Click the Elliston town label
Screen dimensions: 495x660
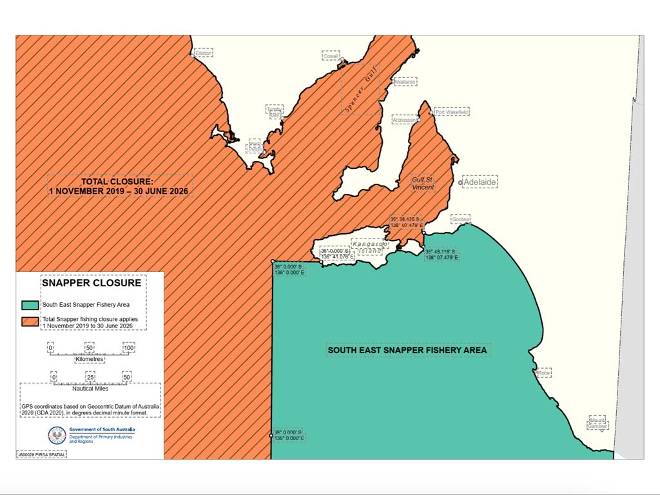[x=203, y=53]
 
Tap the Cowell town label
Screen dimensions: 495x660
[x=331, y=56]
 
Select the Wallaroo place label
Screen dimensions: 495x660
[x=405, y=82]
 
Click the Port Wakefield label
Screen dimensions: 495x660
[x=452, y=112]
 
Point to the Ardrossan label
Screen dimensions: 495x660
[x=405, y=120]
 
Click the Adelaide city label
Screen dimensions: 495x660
[x=480, y=182]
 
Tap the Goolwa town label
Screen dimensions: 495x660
[x=460, y=219]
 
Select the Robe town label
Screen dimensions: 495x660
[x=544, y=373]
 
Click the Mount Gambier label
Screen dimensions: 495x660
[x=597, y=423]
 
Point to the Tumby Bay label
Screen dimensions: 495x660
[x=275, y=112]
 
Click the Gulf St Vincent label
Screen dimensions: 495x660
[x=423, y=182]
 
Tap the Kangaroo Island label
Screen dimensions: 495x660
[x=370, y=247]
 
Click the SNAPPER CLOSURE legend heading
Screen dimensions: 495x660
[x=92, y=282]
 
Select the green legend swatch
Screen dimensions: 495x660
[x=30, y=305]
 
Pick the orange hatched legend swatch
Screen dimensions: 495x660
[x=30, y=322]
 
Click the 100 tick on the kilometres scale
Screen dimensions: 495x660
[x=128, y=348]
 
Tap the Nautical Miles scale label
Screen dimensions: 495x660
[x=90, y=389]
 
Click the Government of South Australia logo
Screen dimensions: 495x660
[x=58, y=435]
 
